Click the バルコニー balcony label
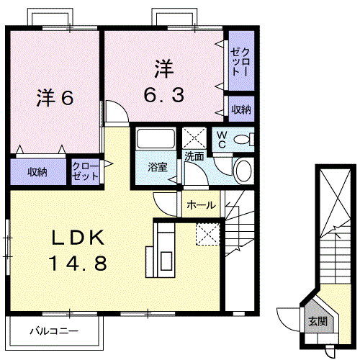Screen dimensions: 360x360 (53, 332)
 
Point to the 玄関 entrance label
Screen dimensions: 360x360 (317, 321)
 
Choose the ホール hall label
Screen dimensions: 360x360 (200, 205)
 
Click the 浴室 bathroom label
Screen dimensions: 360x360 (158, 166)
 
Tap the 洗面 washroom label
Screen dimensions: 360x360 (194, 155)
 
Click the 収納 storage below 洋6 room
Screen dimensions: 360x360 (37, 172)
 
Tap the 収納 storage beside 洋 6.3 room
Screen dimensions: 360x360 (241, 109)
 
